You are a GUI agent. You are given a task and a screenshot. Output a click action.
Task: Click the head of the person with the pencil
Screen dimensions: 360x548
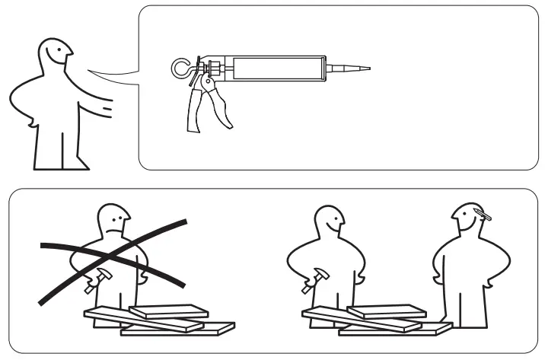(466, 219)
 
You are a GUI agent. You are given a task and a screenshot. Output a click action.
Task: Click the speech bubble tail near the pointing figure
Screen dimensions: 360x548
(114, 73)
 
